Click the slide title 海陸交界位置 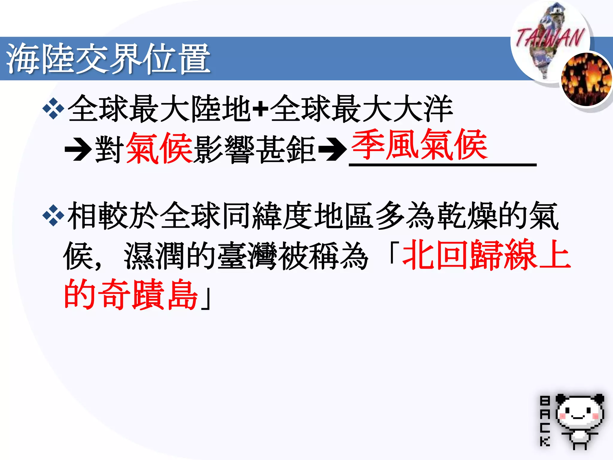pyautogui.click(x=108, y=58)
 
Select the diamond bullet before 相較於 pyautogui.click(x=53, y=215)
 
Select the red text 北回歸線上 pyautogui.click(x=486, y=255)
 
